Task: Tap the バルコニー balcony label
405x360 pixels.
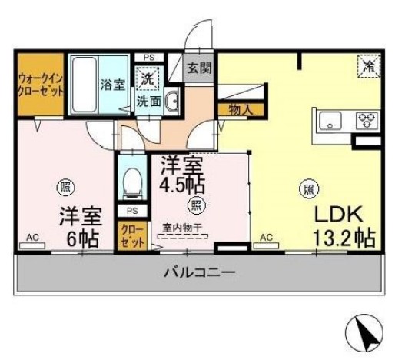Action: pyautogui.click(x=199, y=272)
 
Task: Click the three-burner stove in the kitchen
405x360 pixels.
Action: pyautogui.click(x=366, y=121)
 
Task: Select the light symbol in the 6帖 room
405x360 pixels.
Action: pyautogui.click(x=64, y=185)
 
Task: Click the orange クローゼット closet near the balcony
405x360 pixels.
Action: pyautogui.click(x=125, y=235)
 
